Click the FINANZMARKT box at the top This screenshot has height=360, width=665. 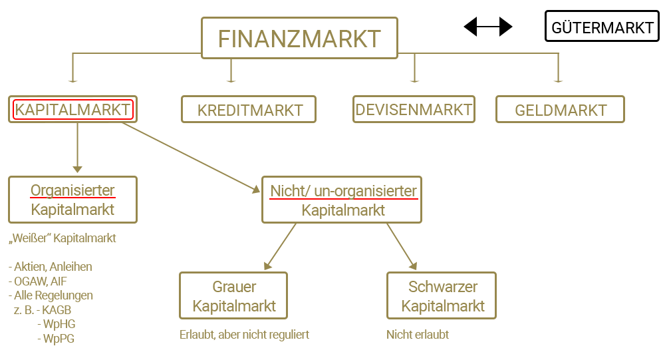(299, 38)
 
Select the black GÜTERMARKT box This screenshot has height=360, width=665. (602, 27)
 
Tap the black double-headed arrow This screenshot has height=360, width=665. (488, 27)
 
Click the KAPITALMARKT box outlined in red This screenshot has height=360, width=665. (73, 110)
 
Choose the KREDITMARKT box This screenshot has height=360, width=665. (249, 110)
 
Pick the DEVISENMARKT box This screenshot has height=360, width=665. (414, 109)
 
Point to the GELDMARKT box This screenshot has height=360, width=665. (560, 110)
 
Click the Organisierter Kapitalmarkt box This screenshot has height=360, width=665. (72, 200)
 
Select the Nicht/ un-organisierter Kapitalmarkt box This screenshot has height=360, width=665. (342, 200)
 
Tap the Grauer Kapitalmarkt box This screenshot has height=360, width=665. (233, 296)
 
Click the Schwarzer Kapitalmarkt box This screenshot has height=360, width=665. (442, 296)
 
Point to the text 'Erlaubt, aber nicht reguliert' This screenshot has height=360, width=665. (244, 335)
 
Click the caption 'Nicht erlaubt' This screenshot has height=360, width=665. (417, 335)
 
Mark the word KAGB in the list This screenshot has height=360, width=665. (57, 309)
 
